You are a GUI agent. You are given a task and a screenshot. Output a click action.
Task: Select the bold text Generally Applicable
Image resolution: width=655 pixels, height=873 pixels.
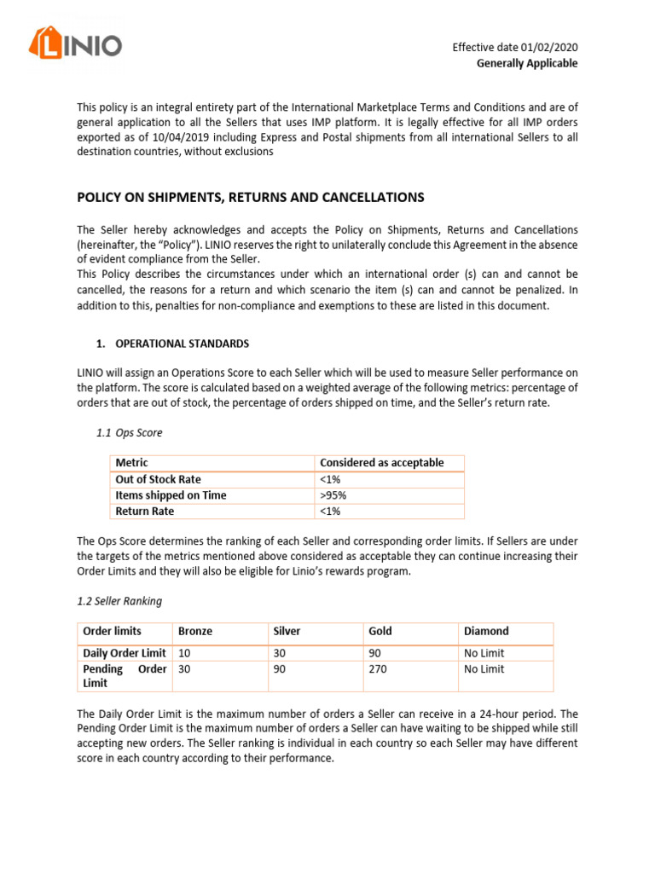[x=526, y=63]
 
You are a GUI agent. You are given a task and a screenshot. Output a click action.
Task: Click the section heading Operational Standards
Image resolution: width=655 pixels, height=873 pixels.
[x=183, y=343]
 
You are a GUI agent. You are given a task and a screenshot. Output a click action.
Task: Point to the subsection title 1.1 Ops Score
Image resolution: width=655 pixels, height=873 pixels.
[x=130, y=433]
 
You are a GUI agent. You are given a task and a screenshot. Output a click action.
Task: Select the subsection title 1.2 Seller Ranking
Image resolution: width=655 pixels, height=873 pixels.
[x=119, y=601]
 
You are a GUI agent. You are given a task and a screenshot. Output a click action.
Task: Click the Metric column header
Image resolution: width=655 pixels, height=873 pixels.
[x=131, y=463]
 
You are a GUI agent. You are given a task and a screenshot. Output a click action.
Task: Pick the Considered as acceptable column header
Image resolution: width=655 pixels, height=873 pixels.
[x=381, y=463]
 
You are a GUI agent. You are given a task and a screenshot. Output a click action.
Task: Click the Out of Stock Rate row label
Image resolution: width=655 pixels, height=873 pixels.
[x=158, y=479]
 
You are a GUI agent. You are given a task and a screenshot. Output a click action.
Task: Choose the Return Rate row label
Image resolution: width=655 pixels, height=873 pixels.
[x=144, y=512]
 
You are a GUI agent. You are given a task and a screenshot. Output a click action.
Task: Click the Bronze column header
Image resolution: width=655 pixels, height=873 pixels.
[x=195, y=632]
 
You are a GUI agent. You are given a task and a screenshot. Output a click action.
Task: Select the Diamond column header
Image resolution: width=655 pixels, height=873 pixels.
[x=486, y=632]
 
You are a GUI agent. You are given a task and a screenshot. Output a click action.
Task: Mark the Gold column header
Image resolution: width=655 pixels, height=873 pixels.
[x=380, y=632]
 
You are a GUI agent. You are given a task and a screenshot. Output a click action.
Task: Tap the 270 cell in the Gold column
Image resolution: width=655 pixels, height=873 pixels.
[x=378, y=669]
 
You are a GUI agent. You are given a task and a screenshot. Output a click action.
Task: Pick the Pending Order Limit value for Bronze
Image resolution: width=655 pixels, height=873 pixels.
[x=184, y=669]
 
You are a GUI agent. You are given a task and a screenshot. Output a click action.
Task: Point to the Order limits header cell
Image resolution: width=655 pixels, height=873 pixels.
[x=112, y=632]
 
